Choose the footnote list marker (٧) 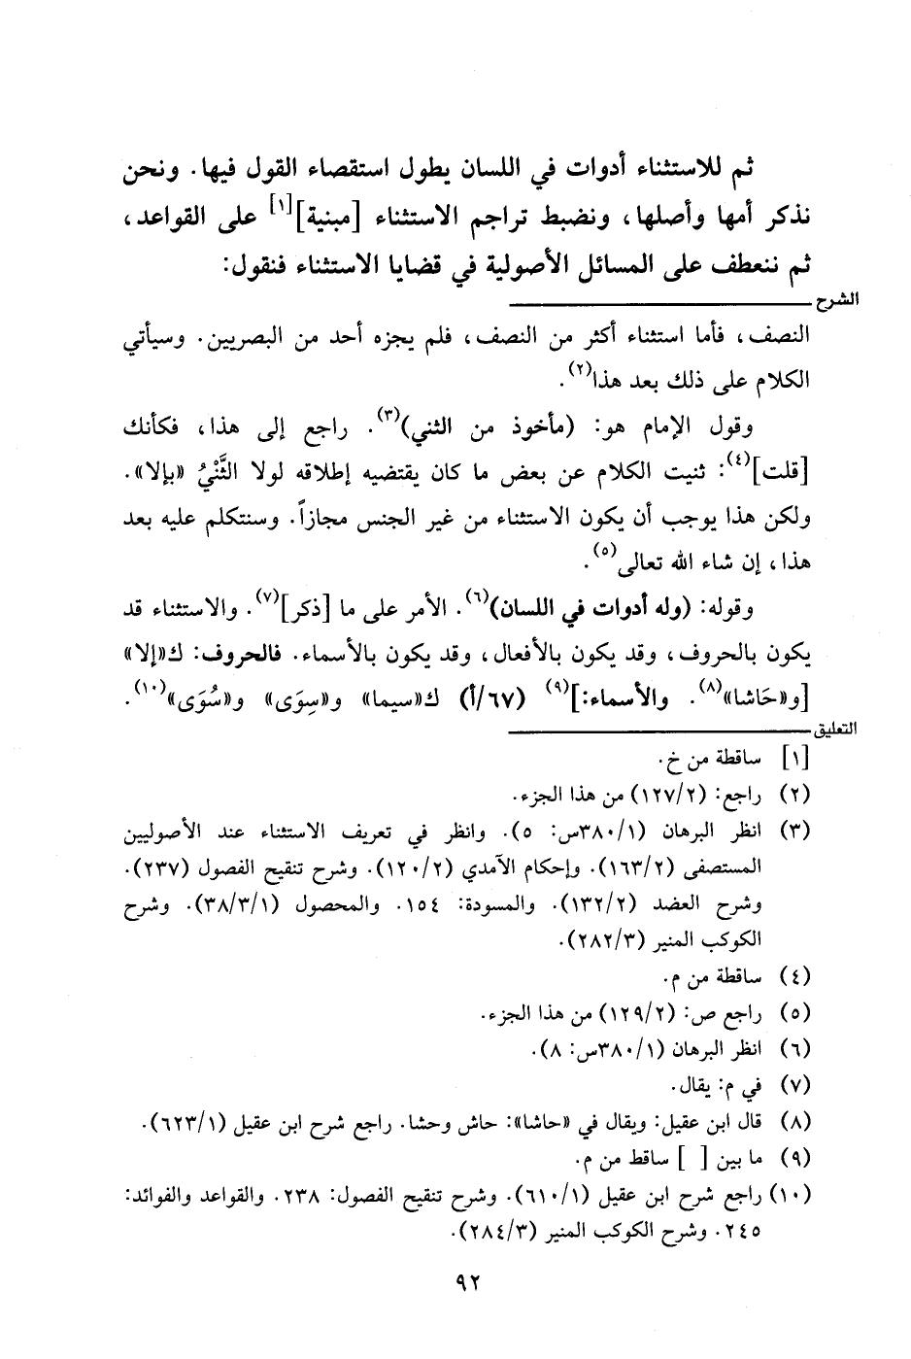[794, 1084]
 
